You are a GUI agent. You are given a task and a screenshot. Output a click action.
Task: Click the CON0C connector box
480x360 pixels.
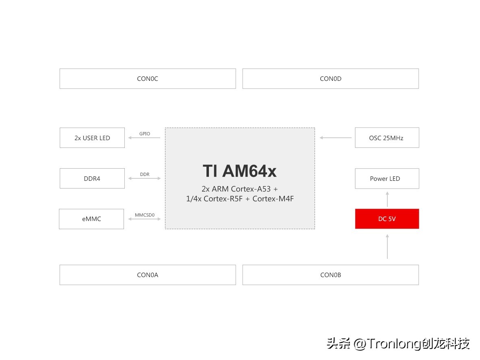tap(148, 78)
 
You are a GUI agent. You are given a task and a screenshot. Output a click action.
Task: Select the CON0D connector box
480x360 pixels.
tap(330, 78)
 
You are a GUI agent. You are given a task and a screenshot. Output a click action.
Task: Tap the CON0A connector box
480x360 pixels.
tap(148, 275)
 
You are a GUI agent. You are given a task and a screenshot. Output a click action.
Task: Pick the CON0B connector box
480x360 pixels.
tap(330, 275)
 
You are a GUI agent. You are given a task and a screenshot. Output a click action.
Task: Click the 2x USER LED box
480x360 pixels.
tap(92, 138)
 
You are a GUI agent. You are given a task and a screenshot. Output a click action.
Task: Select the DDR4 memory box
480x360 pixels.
tap(92, 178)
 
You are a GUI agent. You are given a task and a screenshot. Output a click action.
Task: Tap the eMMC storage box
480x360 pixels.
tap(91, 219)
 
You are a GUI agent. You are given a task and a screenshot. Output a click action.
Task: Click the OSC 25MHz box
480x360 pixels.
tap(387, 138)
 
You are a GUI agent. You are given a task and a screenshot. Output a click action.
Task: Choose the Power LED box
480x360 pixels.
tap(387, 178)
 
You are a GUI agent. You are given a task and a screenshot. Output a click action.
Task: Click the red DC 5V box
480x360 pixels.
tap(387, 219)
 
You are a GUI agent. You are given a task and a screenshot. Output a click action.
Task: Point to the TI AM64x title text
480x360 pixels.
tap(239, 171)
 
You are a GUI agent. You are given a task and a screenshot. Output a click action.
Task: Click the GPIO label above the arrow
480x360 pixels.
tap(145, 134)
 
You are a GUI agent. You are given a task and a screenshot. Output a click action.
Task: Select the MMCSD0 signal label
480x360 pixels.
tap(145, 215)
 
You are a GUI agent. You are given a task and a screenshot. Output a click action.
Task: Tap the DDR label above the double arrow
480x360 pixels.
tap(145, 174)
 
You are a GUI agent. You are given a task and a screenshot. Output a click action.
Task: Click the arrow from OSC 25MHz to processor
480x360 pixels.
tap(335, 138)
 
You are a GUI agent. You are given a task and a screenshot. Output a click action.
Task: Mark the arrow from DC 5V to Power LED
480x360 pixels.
tap(387, 199)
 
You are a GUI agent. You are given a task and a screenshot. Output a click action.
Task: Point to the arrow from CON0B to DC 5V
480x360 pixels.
tap(387, 247)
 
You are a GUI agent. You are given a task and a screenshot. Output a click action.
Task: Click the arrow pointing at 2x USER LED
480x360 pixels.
tap(144, 138)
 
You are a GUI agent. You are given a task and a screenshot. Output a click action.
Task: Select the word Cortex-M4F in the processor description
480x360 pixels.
tap(273, 199)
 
